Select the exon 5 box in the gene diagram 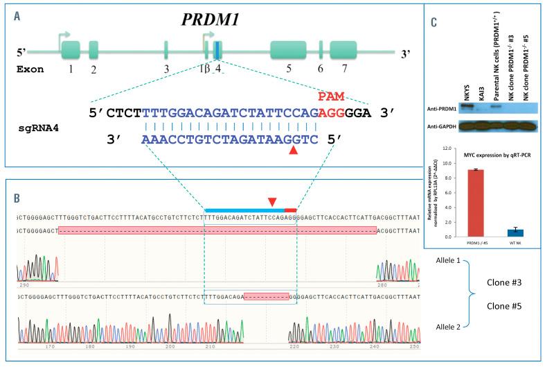click(287, 50)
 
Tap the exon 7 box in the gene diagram click(342, 50)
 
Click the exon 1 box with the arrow click(71, 50)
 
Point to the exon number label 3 click(166, 69)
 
